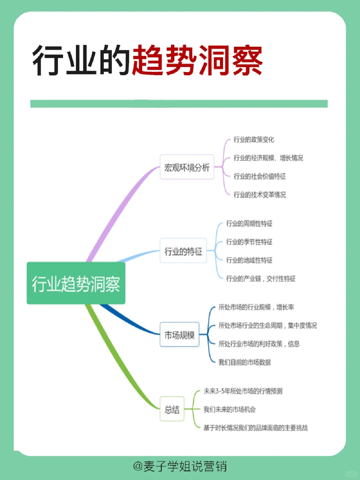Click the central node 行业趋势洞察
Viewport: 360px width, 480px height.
76,283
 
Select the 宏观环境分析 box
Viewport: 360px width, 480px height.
187,167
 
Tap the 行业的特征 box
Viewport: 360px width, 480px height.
183,251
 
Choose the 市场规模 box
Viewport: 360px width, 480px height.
179,335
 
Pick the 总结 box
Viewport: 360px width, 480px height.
172,409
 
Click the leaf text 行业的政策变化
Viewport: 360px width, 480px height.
254,139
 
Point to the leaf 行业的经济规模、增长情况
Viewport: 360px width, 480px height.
268,158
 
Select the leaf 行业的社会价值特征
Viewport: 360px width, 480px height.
259,176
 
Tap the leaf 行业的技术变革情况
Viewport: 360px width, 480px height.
259,194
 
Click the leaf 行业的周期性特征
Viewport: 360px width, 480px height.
249,223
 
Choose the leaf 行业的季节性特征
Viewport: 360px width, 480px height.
249,242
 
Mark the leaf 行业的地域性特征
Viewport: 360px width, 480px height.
249,260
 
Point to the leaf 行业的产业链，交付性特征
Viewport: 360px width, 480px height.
261,278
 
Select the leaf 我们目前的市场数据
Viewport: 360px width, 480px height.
244,362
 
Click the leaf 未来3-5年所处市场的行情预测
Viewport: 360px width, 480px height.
243,391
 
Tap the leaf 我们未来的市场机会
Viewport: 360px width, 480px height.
229,409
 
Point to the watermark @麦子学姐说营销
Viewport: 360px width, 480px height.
180,466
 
